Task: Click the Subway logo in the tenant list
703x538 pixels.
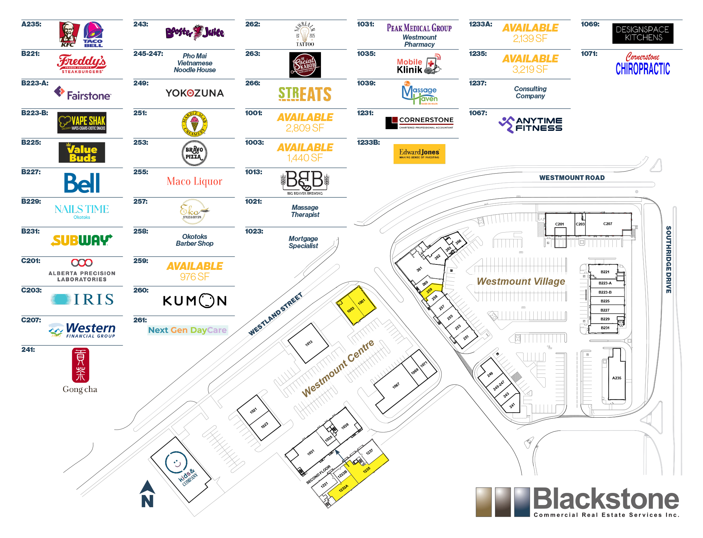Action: (81, 240)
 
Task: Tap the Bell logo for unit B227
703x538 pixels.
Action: (82, 183)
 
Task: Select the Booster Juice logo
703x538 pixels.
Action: (195, 33)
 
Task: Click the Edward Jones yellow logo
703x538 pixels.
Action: (419, 154)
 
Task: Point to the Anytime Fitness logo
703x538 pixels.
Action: (530, 124)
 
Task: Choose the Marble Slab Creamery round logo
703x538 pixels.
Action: (194, 124)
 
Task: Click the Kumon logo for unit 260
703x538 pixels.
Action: (195, 301)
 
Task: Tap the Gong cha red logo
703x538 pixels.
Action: (80, 365)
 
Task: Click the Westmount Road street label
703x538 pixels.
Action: (572, 178)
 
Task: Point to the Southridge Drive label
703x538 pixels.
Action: (668, 259)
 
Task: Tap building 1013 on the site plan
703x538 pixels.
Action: (308, 343)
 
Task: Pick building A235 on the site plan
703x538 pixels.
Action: (616, 378)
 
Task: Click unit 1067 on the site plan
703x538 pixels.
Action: (396, 386)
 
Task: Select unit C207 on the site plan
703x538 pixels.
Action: (608, 224)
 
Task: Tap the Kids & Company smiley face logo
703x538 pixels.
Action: (176, 462)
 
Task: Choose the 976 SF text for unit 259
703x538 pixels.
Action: (194, 277)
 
